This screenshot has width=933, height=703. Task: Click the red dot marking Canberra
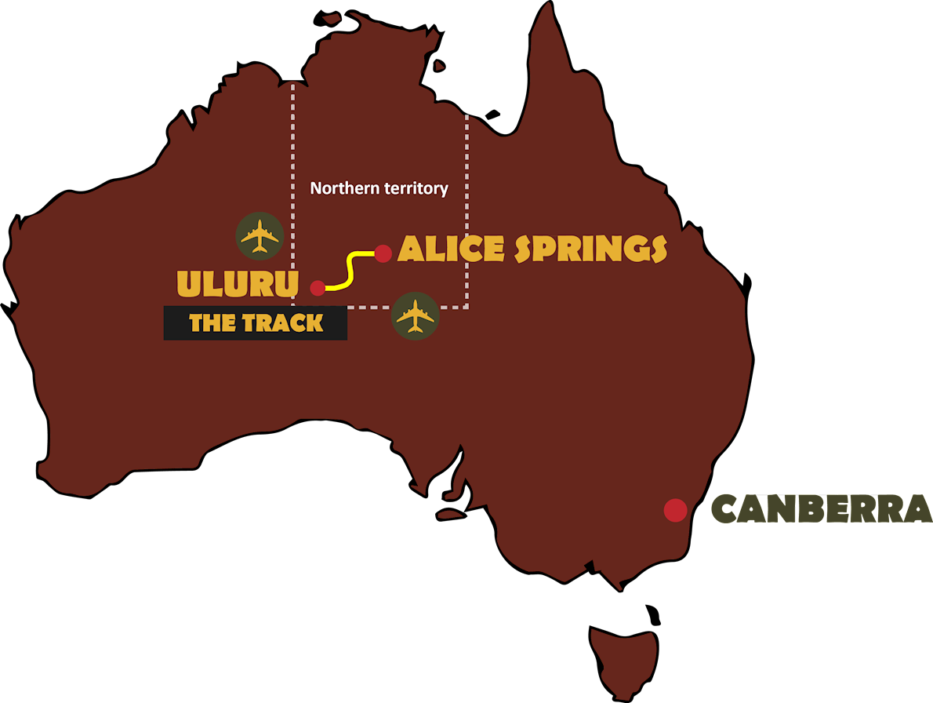click(675, 510)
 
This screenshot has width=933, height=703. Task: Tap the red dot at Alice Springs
click(383, 253)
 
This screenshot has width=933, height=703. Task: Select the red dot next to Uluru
click(318, 288)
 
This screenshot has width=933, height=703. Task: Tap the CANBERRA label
click(821, 509)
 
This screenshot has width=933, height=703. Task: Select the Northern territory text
click(379, 188)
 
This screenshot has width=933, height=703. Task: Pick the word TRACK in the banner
click(283, 322)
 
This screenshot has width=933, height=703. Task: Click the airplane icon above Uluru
click(260, 235)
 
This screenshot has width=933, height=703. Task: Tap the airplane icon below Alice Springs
click(415, 316)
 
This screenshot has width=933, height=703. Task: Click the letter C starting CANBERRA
click(726, 509)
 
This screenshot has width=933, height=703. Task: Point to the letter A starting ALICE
click(411, 249)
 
